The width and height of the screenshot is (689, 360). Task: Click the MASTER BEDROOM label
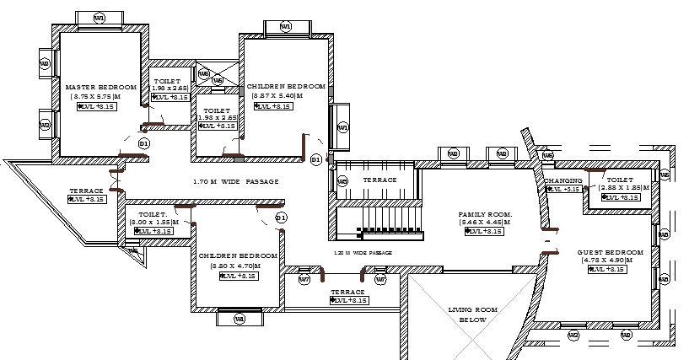[101, 87]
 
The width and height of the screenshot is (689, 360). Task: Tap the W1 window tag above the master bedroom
[100, 18]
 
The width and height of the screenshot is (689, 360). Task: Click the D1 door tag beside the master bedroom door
[144, 144]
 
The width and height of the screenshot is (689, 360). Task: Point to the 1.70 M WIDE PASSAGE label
[235, 181]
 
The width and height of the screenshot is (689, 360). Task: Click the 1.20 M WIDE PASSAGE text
[363, 252]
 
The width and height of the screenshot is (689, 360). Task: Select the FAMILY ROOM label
[485, 214]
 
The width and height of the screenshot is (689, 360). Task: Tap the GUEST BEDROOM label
[610, 252]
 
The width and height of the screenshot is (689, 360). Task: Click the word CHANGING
[563, 181]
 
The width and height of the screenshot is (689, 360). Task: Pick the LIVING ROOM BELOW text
[473, 315]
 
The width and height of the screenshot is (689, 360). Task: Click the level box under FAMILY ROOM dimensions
[485, 231]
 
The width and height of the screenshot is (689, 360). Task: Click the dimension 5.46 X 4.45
[486, 223]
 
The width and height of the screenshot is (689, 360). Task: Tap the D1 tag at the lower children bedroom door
[281, 218]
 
